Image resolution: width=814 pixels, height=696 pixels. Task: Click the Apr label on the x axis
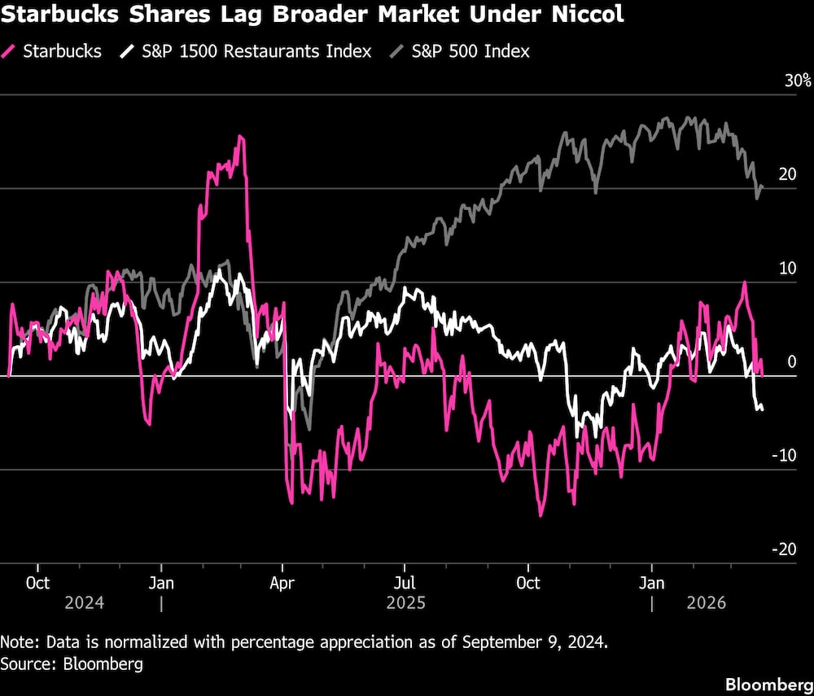[282, 584]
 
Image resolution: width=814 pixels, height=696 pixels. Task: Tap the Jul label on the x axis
[405, 584]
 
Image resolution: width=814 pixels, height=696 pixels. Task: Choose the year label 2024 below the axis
[85, 603]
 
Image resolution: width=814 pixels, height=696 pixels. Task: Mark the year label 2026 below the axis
[708, 603]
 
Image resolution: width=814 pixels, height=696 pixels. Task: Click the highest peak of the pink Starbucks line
[239, 136]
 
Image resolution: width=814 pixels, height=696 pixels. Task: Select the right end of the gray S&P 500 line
[763, 186]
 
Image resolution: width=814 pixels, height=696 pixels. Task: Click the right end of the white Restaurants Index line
[763, 409]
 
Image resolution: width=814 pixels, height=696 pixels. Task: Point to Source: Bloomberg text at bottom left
[72, 663]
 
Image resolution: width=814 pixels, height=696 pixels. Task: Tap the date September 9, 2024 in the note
[533, 642]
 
